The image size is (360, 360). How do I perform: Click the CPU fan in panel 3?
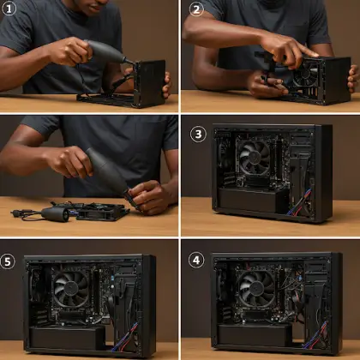tap(255, 159)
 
